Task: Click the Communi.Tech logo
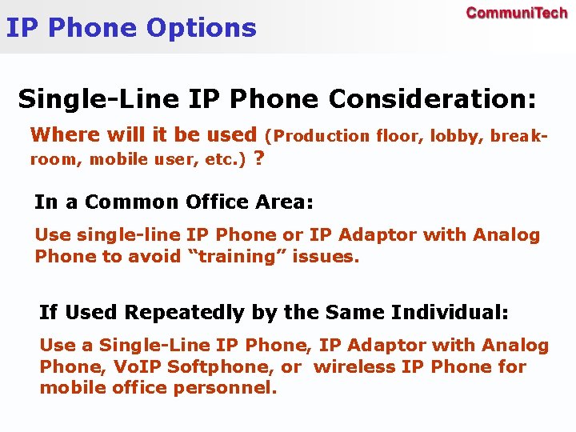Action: coord(516,14)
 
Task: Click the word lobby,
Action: coord(457,136)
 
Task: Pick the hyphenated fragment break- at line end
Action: coord(519,136)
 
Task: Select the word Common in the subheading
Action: coord(132,202)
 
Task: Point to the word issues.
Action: coord(330,257)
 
